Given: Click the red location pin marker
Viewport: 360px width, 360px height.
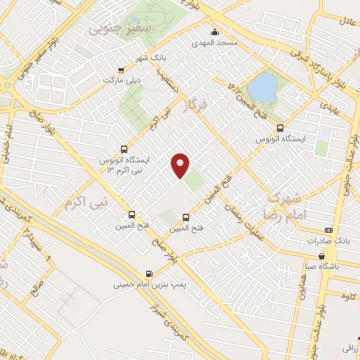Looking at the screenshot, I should point(181,165).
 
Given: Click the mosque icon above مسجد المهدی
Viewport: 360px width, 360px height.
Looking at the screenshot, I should point(214,31).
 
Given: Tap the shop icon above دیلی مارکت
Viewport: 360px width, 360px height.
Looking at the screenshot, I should point(122,70).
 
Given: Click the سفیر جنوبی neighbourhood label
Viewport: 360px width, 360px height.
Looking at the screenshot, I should point(110,30).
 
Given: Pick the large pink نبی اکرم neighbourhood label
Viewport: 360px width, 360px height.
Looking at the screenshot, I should point(89,204).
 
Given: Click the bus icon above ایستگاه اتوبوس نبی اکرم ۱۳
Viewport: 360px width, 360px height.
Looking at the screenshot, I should point(124,149).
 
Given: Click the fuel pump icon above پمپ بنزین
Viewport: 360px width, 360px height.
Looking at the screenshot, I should point(148,274).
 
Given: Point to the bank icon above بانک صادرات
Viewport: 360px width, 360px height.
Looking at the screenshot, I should point(328,230).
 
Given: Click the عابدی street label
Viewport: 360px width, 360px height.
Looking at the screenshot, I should point(330,105).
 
